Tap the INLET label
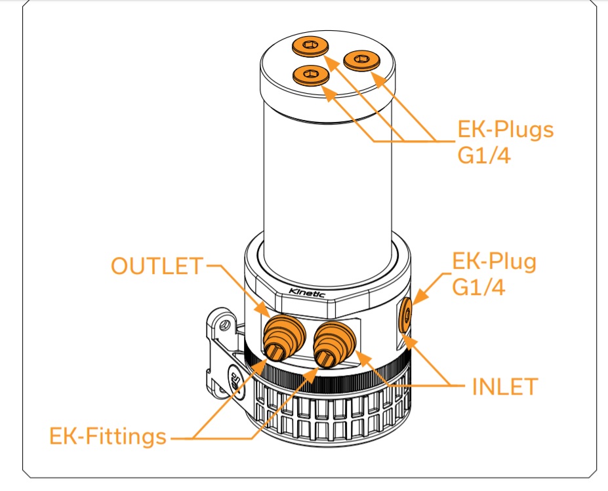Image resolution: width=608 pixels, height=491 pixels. [x=505, y=386]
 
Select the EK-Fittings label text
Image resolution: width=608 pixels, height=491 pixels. [x=108, y=436]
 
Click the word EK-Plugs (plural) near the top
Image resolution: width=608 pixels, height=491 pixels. [x=505, y=129]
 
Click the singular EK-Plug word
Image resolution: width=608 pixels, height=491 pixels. [x=495, y=262]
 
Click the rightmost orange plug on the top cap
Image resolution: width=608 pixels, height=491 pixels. [x=359, y=61]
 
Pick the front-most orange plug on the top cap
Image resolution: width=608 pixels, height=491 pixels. [x=310, y=75]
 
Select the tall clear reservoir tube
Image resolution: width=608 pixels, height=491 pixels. [x=328, y=170]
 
